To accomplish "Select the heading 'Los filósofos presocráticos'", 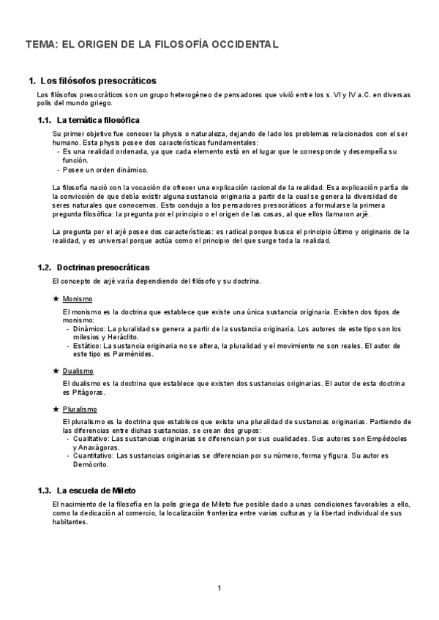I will click(97, 80).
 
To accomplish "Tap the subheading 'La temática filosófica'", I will click(98, 120).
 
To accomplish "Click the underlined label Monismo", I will click(78, 299).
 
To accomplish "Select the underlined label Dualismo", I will click(78, 371).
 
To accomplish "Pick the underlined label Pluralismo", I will click(80, 409).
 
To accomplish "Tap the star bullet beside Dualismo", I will click(56, 371).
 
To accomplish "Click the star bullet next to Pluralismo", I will click(56, 409).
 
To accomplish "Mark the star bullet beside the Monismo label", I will click(56, 299).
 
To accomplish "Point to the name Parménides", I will click(132, 354).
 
